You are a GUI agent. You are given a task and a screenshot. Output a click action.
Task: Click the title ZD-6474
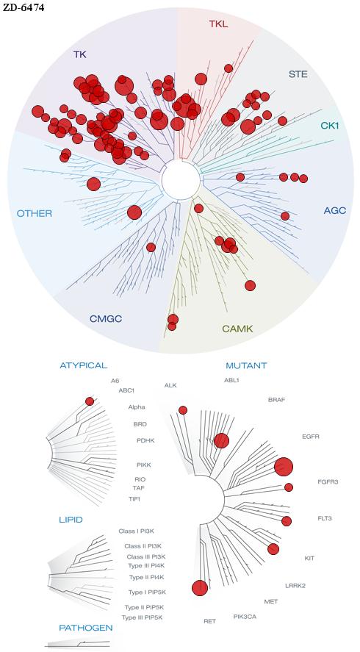point(24,7)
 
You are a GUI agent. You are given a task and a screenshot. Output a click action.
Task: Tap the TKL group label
point(219,24)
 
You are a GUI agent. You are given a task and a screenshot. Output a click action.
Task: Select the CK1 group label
point(330,125)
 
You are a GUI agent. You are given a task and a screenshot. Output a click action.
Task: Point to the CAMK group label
point(237,329)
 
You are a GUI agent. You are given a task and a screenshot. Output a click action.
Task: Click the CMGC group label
point(106,319)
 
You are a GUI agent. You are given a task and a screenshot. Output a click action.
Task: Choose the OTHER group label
point(35,214)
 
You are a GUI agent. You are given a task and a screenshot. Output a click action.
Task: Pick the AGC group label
point(334,211)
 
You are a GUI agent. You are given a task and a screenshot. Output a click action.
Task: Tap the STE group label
point(298,74)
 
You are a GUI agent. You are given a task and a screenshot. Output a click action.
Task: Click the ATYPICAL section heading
point(84,365)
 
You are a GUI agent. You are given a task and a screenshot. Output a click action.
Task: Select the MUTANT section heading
point(246,366)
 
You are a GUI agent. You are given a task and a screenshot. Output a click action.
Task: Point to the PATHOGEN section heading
point(86,628)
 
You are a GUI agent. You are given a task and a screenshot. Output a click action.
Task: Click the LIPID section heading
point(71,520)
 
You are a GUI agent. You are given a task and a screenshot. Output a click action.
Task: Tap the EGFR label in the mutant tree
point(311,437)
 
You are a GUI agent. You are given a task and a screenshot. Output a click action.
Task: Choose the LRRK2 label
point(295,586)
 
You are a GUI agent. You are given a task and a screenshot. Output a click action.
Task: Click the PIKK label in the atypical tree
point(143,465)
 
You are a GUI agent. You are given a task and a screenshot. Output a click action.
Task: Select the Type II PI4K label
point(146,577)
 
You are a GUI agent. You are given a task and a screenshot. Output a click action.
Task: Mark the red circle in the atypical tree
point(90,401)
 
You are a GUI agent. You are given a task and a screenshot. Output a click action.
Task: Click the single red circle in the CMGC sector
point(151,248)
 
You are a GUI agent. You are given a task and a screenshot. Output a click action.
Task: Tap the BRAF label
point(277,400)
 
